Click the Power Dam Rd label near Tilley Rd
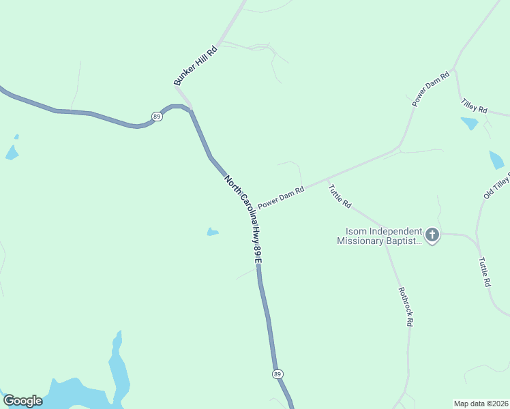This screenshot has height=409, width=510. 432,89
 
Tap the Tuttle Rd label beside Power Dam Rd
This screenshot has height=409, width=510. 340,196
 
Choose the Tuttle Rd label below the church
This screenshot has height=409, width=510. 485,271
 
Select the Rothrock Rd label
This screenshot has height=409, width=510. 406,306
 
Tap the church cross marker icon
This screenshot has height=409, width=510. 432,236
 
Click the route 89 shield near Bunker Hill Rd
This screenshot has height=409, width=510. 157,116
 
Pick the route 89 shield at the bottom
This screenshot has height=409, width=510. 277,374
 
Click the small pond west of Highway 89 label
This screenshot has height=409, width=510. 213,232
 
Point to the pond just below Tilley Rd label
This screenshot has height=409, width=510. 469,123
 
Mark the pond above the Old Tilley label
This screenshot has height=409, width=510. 496,160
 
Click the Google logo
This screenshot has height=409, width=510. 22,401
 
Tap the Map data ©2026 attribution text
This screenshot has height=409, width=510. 481,404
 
